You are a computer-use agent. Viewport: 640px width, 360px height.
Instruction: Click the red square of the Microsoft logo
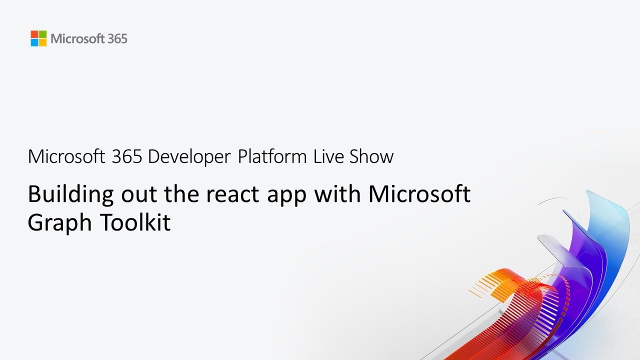pyautogui.click(x=34, y=34)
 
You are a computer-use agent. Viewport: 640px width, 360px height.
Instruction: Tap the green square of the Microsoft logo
pyautogui.click(x=42, y=34)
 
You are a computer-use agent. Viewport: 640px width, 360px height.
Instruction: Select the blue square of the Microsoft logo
pyautogui.click(x=34, y=42)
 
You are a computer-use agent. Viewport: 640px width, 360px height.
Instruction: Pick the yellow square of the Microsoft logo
pyautogui.click(x=42, y=42)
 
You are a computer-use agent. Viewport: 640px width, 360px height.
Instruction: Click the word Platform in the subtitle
pyautogui.click(x=272, y=156)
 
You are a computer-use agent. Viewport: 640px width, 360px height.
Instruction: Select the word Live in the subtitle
pyautogui.click(x=328, y=156)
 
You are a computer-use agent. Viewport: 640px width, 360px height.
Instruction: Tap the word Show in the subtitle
pyautogui.click(x=371, y=156)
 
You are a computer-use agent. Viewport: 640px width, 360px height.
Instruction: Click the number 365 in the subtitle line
pyautogui.click(x=127, y=156)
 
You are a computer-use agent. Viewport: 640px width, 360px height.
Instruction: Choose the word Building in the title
pyautogui.click(x=70, y=194)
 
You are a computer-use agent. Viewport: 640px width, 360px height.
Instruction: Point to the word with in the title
pyautogui.click(x=338, y=193)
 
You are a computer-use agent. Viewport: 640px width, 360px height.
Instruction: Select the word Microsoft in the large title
pyautogui.click(x=419, y=193)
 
